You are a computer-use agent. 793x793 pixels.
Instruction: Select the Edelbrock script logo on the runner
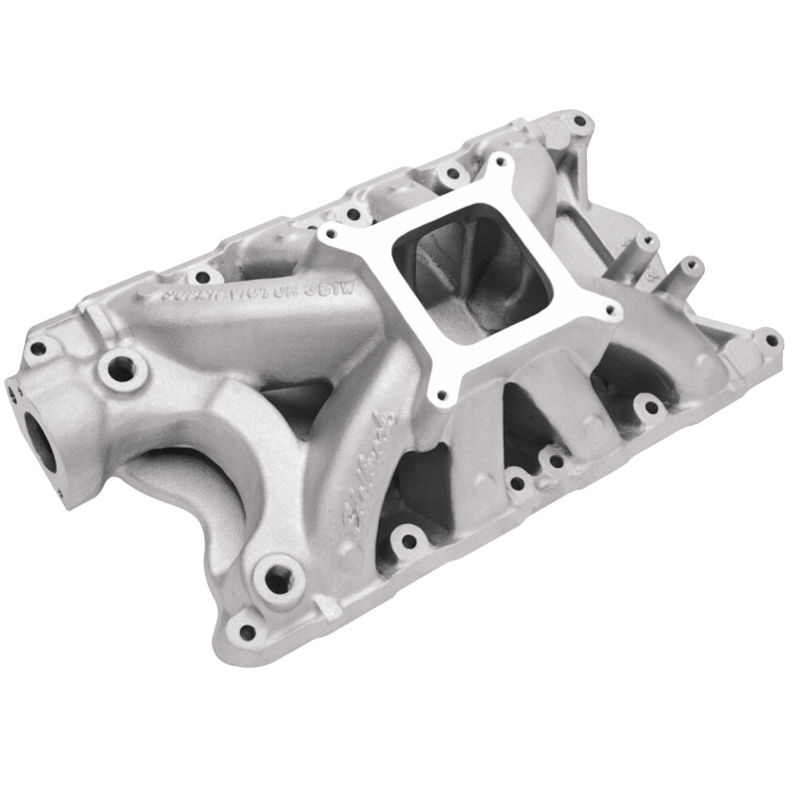tap(370, 458)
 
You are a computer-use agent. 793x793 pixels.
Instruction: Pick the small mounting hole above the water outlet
tap(40, 348)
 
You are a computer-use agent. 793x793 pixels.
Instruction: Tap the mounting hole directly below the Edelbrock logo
tap(406, 541)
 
